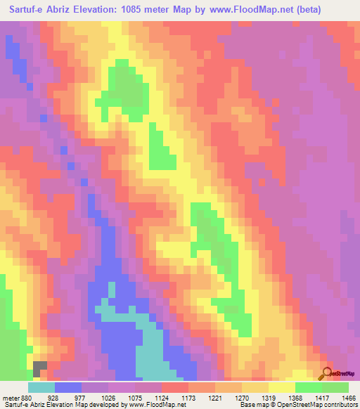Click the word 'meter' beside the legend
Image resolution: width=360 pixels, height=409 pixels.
click(x=11, y=396)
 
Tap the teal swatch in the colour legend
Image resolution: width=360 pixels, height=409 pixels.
click(x=41, y=387)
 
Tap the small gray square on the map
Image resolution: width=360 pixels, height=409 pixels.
click(x=40, y=368)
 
